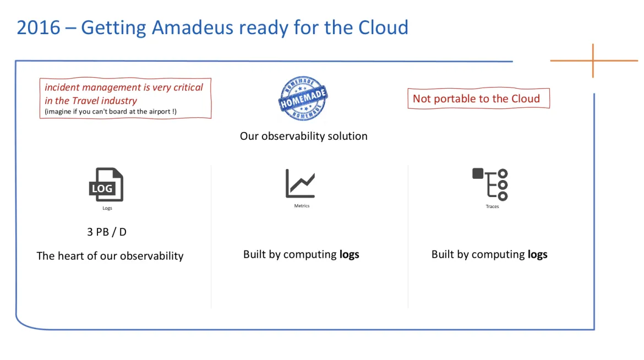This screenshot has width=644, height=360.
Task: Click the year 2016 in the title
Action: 39,27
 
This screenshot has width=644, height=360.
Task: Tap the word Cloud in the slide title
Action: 383,27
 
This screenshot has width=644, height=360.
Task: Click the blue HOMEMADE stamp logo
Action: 303,99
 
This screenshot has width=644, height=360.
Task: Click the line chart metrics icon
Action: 301,183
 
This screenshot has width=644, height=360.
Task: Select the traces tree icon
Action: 490,184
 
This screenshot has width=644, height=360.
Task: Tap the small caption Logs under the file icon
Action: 107,208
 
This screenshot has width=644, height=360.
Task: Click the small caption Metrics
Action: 302,206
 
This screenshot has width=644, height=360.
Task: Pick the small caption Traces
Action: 492,206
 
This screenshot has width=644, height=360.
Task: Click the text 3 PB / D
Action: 107,232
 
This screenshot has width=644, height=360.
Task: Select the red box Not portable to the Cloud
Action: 477,99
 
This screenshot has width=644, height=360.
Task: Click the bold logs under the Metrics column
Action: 349,254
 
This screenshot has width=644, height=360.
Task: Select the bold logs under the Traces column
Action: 537,254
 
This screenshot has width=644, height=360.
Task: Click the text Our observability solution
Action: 303,136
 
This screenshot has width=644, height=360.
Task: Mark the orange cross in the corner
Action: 593,61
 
